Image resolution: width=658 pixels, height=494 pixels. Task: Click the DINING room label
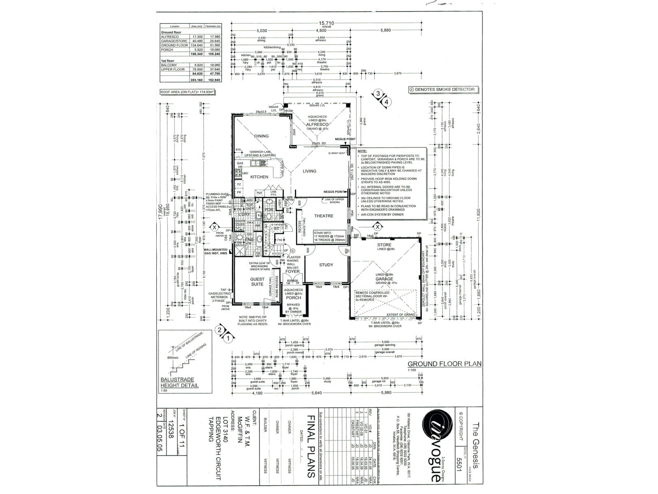261,136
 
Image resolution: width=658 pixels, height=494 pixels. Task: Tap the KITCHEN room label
259,177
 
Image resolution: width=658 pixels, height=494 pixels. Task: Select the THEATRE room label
324,216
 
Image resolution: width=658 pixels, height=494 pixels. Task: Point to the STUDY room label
326,265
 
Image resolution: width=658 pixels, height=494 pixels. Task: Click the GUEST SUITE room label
257,282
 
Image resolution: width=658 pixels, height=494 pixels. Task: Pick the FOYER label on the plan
293,271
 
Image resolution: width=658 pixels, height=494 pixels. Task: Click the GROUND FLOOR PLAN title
444,364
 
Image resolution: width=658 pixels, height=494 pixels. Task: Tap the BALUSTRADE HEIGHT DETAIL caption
179,382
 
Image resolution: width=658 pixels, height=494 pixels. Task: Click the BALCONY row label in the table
169,65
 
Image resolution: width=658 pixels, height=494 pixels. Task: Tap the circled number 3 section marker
378,93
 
